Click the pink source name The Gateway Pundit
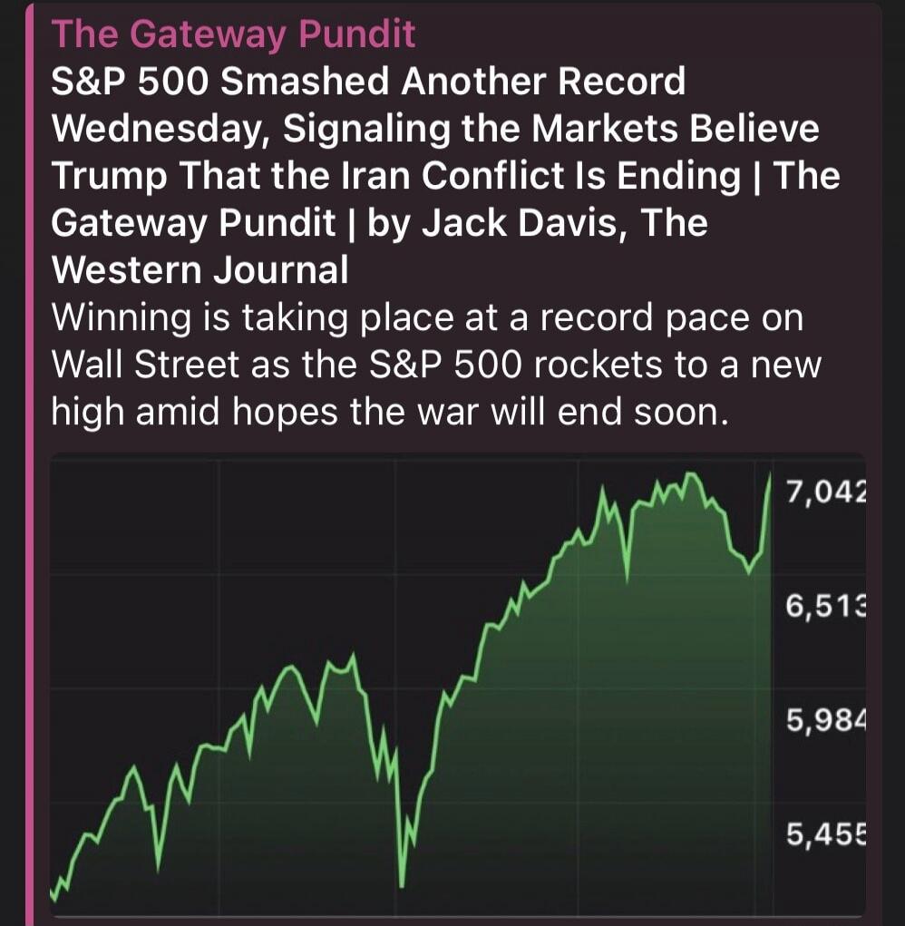[x=233, y=34]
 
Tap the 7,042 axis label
[x=825, y=492]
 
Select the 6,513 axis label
[x=825, y=608]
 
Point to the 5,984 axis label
[x=825, y=722]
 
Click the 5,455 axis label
[x=825, y=836]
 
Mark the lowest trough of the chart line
[x=401, y=884]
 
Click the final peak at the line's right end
[x=770, y=475]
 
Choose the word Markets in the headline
[x=593, y=129]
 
